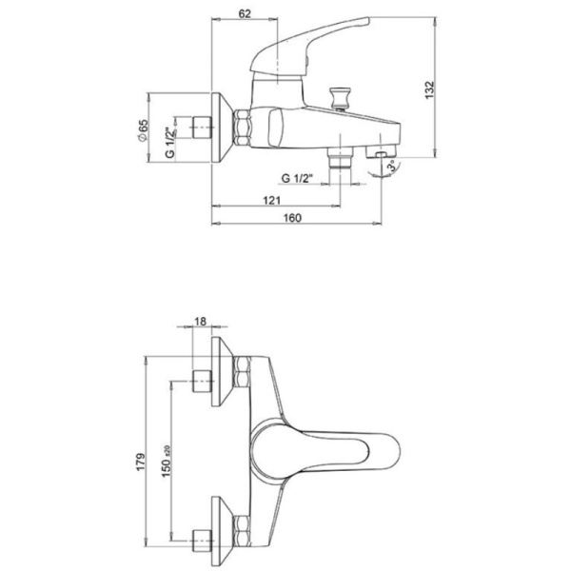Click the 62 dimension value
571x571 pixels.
point(245,14)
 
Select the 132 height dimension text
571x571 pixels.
point(430,90)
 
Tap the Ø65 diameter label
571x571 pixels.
point(143,130)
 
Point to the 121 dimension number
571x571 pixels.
point(271,200)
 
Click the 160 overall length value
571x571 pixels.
point(292,218)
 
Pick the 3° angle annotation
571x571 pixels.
point(392,167)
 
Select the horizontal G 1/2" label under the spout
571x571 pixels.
point(297,179)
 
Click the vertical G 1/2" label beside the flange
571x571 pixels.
point(170,143)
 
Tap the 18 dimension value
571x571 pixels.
point(200,322)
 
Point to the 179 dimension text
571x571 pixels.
point(141,462)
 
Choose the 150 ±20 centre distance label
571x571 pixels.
point(167,461)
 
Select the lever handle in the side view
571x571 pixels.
point(309,47)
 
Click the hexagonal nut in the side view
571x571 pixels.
point(241,128)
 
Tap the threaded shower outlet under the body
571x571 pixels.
point(340,157)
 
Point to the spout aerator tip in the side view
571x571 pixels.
point(383,153)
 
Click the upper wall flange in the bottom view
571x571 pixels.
point(222,371)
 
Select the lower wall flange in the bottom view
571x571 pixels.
point(222,532)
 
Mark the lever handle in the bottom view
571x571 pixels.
point(325,451)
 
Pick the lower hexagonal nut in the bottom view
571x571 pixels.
point(241,532)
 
